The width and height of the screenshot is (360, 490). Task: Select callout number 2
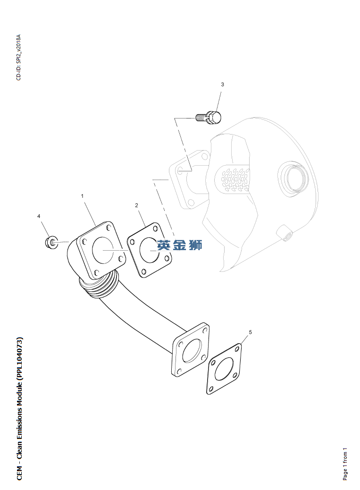click(x=136, y=205)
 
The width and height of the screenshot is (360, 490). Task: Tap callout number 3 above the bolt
click(x=222, y=84)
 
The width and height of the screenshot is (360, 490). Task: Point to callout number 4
click(x=39, y=216)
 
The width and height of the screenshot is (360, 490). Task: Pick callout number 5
click(x=250, y=332)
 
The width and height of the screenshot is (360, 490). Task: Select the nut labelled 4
click(x=49, y=243)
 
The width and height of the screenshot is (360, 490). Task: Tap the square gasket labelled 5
click(x=224, y=370)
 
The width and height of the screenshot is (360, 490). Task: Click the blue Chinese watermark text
click(x=180, y=245)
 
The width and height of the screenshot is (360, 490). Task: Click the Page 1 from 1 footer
click(x=345, y=464)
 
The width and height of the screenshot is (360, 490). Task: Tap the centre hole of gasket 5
click(x=224, y=370)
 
